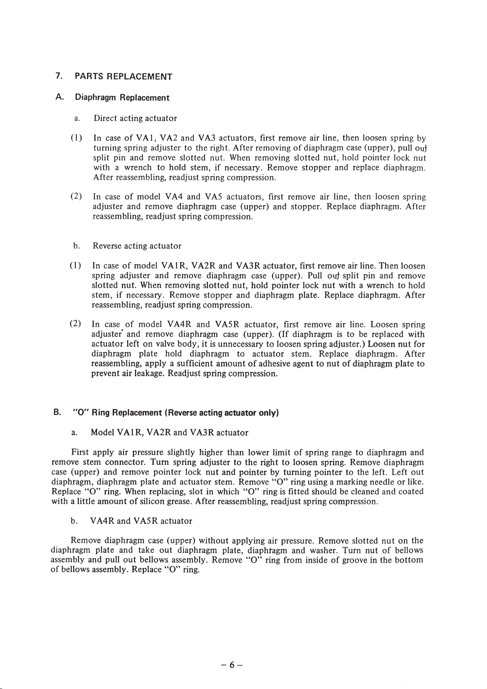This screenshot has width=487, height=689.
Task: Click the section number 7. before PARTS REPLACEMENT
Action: (x=59, y=76)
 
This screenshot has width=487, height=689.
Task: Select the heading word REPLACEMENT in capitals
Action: (x=139, y=76)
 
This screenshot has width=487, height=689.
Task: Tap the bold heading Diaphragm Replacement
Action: (x=122, y=98)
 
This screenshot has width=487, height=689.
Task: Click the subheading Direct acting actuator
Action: (x=135, y=119)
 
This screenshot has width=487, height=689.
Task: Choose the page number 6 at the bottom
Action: (x=231, y=665)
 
